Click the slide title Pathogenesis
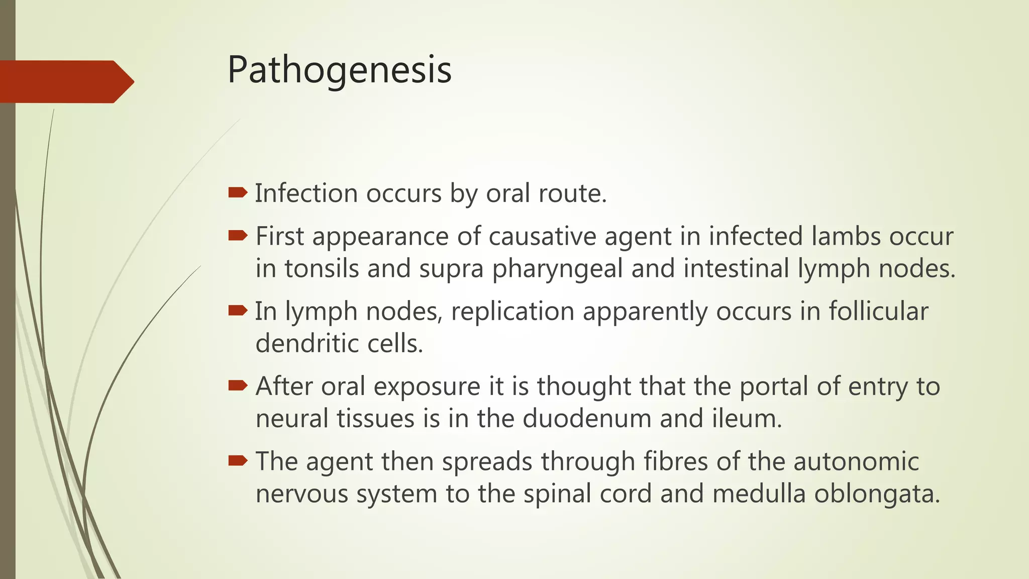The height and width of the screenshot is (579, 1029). (x=340, y=70)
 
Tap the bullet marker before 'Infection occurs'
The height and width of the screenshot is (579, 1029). (x=238, y=192)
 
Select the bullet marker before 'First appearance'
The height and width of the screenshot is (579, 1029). (x=238, y=235)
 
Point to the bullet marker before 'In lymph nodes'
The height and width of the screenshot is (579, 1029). (x=238, y=311)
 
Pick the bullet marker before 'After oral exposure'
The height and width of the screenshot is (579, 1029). (x=238, y=385)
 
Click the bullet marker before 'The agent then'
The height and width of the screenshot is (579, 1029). (x=238, y=460)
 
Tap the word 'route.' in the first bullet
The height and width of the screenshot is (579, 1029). (x=573, y=194)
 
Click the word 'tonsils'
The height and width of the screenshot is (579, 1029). (x=322, y=268)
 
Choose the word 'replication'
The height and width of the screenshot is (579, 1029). (x=512, y=312)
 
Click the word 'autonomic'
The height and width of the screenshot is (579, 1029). (x=856, y=461)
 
